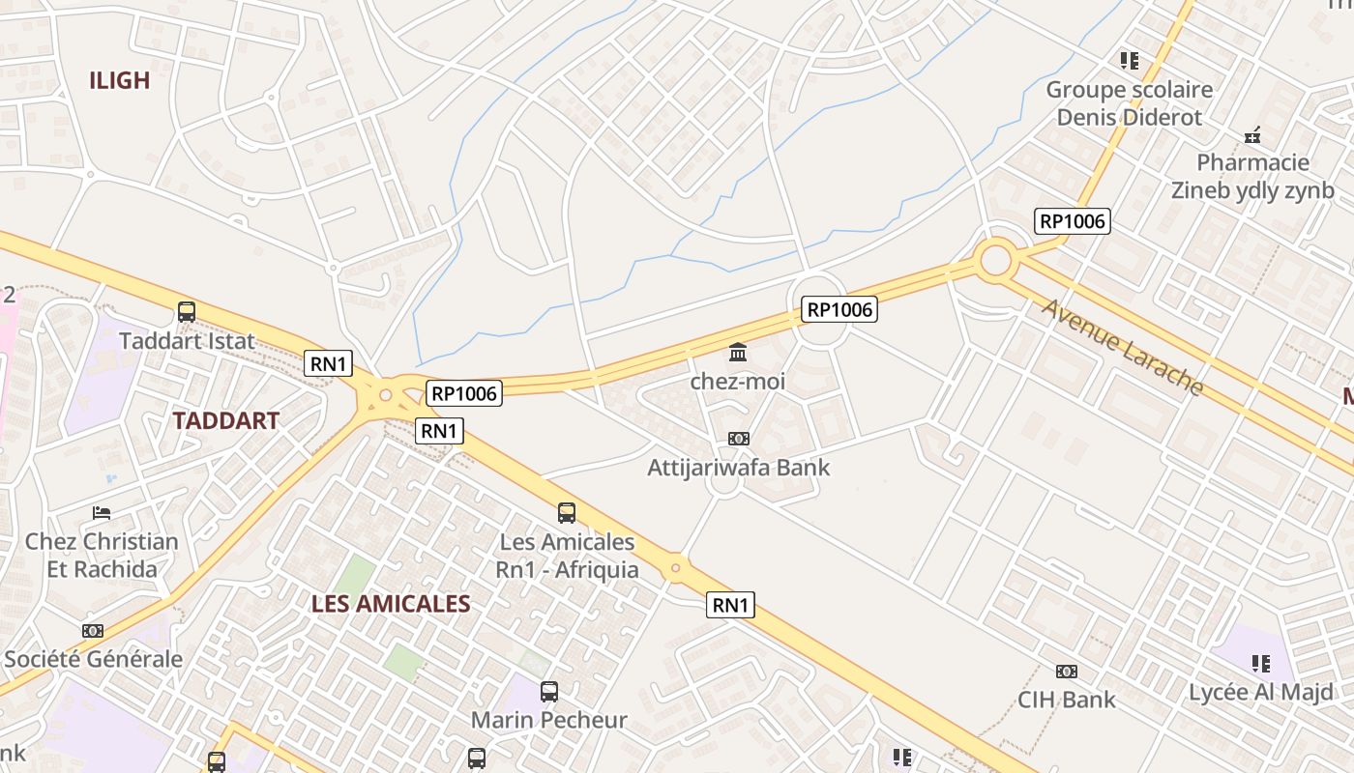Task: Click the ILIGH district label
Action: coord(120,81)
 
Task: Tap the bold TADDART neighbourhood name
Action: coord(225,420)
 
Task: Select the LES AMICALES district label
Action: coord(391,604)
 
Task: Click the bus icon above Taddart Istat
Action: coord(187,312)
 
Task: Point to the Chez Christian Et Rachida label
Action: coord(102,555)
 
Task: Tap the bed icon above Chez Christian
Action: coord(102,512)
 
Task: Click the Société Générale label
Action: coord(93,659)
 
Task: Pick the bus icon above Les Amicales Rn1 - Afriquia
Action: coord(567,513)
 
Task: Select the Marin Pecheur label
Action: coord(549,720)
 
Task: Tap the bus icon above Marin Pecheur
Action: coord(549,692)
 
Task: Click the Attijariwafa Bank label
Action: coord(738,468)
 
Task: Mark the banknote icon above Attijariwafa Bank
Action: coord(738,439)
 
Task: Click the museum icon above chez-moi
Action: coord(738,352)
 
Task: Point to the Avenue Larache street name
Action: coord(1123,348)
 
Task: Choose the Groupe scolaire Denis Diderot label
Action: coord(1129,103)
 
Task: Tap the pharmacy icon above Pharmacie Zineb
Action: coord(1252,135)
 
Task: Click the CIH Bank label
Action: coord(1067,699)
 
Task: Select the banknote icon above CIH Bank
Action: coord(1067,671)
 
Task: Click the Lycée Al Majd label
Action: coord(1260,692)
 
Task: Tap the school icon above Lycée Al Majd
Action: coord(1260,664)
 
